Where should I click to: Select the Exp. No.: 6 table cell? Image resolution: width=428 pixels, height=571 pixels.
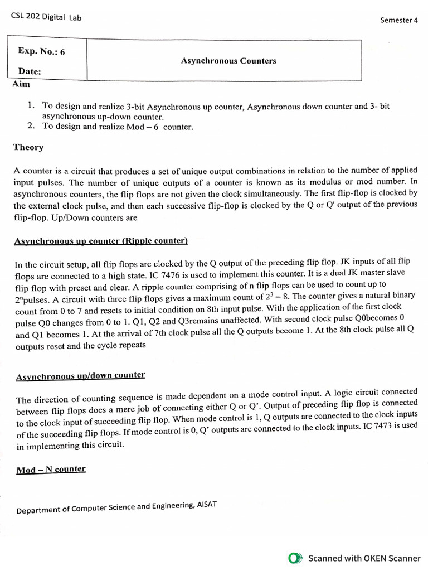click(x=42, y=52)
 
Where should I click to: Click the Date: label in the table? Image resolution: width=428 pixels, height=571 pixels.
click(x=30, y=72)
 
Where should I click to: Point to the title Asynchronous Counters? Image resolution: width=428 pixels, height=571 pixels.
click(x=228, y=61)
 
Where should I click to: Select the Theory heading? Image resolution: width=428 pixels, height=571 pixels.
click(x=28, y=147)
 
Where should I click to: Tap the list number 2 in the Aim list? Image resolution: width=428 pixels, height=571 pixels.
click(x=31, y=126)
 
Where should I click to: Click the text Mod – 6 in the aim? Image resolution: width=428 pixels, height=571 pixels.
click(x=145, y=127)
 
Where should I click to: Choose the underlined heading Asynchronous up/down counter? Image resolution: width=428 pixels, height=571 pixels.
click(x=80, y=375)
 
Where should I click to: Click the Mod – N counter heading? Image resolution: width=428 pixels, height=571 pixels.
click(x=51, y=470)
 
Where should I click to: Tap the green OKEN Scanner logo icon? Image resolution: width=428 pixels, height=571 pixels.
click(x=295, y=558)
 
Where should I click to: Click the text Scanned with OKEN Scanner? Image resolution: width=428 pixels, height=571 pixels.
click(x=364, y=558)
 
